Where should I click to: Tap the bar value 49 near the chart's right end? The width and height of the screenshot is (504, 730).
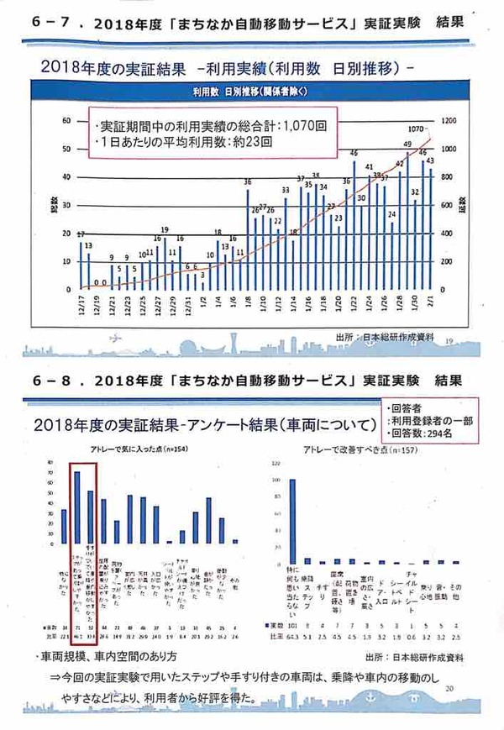click(x=407, y=144)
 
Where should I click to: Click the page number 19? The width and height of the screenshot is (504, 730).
click(x=449, y=340)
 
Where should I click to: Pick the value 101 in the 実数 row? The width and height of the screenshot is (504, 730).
click(x=293, y=627)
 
